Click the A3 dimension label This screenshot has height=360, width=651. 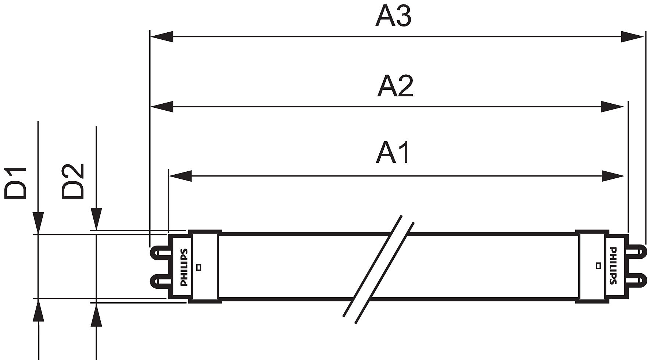pyautogui.click(x=393, y=17)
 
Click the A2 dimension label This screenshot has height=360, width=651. pyautogui.click(x=395, y=86)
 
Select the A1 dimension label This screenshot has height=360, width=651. pyautogui.click(x=393, y=153)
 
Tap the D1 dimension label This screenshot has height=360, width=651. pyautogui.click(x=16, y=183)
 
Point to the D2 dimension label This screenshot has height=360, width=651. pyautogui.click(x=73, y=182)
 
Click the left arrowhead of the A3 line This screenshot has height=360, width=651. pyautogui.click(x=162, y=37)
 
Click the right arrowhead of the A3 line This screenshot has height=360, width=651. pyautogui.click(x=633, y=37)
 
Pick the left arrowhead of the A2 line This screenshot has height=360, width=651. pyautogui.click(x=162, y=107)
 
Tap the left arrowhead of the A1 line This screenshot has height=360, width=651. pyautogui.click(x=180, y=176)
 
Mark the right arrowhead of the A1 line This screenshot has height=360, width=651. pyautogui.click(x=613, y=176)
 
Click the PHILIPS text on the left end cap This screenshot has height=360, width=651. pyautogui.click(x=184, y=267)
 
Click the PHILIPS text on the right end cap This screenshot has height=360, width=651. pyautogui.click(x=613, y=265)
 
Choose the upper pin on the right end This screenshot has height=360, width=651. pyautogui.click(x=636, y=252)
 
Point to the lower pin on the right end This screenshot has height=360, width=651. pyautogui.click(x=636, y=281)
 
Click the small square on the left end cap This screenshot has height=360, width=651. pyautogui.click(x=199, y=267)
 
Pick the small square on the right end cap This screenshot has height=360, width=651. pyautogui.click(x=598, y=265)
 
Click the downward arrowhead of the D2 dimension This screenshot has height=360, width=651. pyautogui.click(x=96, y=219)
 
